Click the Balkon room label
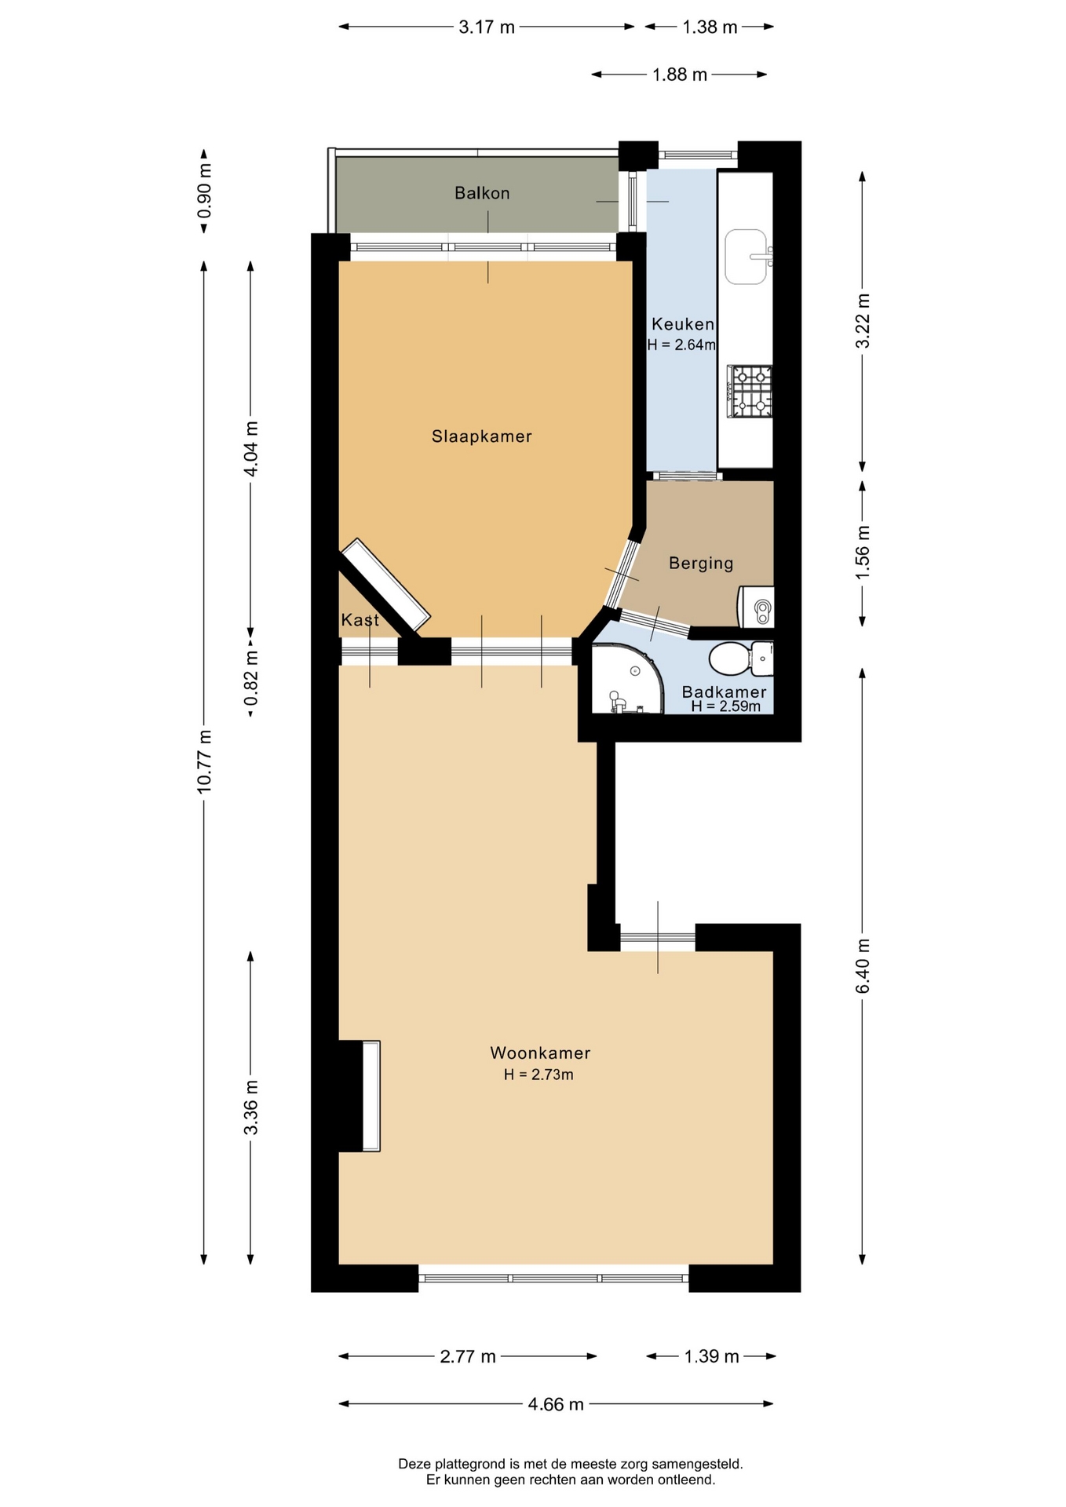pos(482,193)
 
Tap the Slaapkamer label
pos(482,436)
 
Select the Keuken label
pos(683,324)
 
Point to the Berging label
pos(701,564)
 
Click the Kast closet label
pos(360,620)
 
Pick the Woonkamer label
pos(540,1053)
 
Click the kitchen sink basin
pos(746,257)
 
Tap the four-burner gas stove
pos(750,391)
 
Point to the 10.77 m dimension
pos(204,761)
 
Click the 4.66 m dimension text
pos(556,1404)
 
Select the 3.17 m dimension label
pos(487,27)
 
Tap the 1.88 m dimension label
pos(680,75)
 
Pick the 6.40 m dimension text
pos(863,966)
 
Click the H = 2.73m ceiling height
pos(538,1075)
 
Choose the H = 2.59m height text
pos(726,706)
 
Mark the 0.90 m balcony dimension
pos(204,191)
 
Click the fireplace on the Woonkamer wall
pos(360,1096)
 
